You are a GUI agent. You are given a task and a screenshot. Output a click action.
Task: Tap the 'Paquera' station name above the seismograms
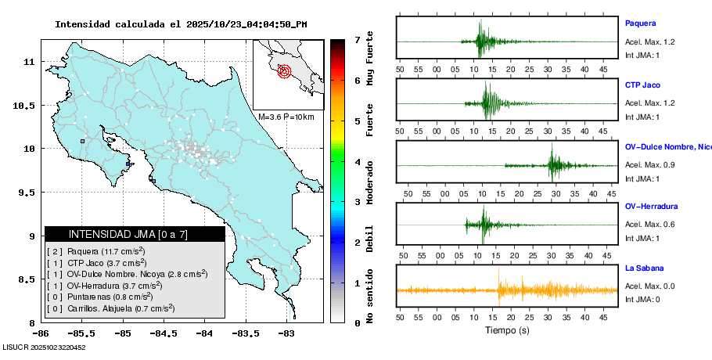pyautogui.click(x=640, y=23)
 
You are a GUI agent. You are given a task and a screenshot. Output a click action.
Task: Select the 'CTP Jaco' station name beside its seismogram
pyautogui.click(x=642, y=85)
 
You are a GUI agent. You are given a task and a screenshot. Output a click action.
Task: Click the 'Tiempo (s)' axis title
pyautogui.click(x=507, y=330)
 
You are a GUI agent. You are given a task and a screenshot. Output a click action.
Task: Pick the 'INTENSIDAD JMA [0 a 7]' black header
pyautogui.click(x=135, y=234)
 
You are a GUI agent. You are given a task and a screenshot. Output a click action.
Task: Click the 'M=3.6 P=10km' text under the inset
pyautogui.click(x=286, y=117)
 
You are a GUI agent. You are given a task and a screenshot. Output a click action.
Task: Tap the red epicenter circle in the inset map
pyautogui.click(x=284, y=71)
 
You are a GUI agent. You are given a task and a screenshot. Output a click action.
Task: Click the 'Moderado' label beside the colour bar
pyautogui.click(x=369, y=180)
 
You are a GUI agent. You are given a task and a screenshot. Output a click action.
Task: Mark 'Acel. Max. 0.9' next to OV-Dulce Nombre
pyautogui.click(x=649, y=165)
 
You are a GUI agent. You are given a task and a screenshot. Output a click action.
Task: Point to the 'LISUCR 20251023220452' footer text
pyautogui.click(x=44, y=347)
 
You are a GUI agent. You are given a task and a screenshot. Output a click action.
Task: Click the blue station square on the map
pyautogui.click(x=128, y=164)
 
